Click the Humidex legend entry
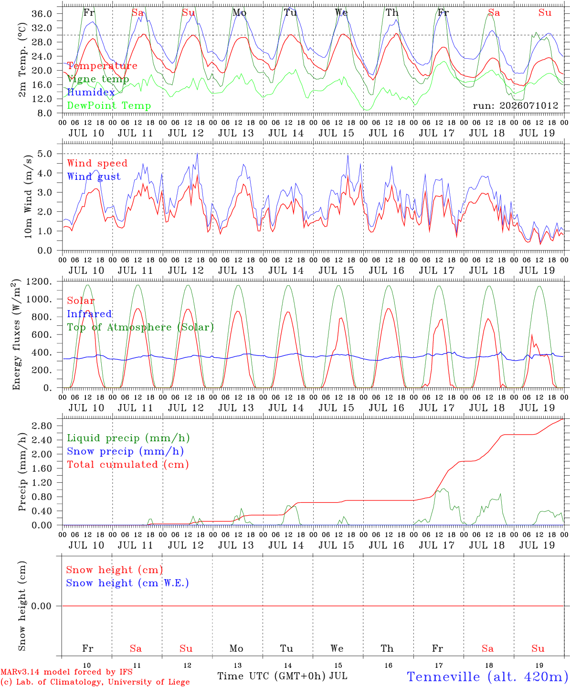click(91, 92)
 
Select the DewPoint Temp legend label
click(109, 105)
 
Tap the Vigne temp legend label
click(98, 79)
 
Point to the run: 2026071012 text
click(515, 105)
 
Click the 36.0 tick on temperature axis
click(42, 14)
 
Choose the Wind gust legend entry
click(94, 177)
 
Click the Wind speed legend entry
click(97, 163)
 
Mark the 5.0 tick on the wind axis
click(45, 154)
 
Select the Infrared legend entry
click(89, 314)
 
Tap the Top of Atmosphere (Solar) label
click(141, 327)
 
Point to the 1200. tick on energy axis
click(39, 281)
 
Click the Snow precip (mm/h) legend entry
click(126, 451)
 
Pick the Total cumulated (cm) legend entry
click(128, 465)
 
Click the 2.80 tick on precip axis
click(42, 426)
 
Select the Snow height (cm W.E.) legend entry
click(127, 583)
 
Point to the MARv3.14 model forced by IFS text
click(66, 672)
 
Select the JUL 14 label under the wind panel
click(286, 271)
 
